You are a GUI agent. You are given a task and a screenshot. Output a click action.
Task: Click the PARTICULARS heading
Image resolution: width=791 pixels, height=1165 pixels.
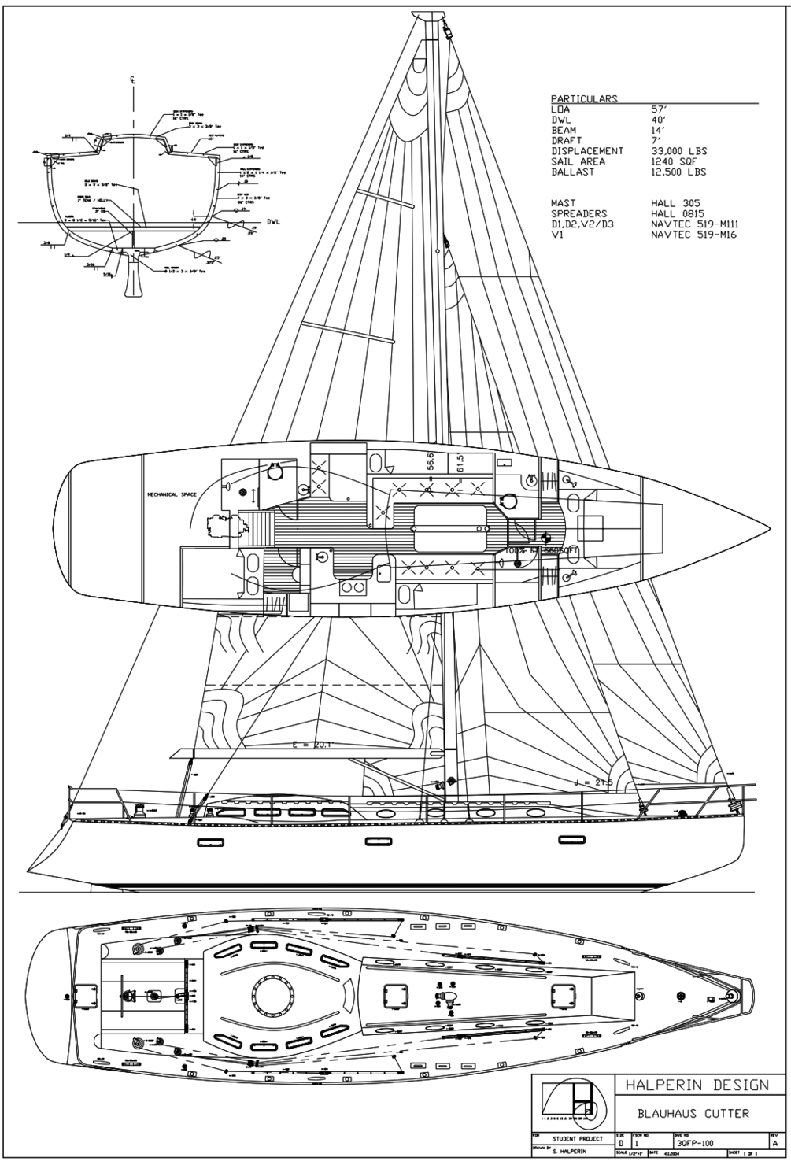click(584, 99)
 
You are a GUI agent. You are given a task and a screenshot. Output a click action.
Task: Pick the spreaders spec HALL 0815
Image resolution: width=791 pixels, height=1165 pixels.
click(678, 213)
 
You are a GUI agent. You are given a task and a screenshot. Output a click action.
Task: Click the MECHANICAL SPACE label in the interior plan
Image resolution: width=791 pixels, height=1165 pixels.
click(172, 495)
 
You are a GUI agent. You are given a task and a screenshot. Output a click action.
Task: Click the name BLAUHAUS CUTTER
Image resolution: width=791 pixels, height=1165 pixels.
click(693, 1113)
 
